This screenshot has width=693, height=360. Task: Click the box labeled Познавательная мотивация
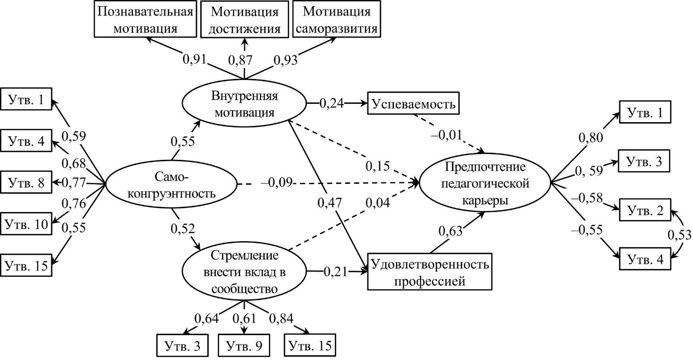[x=145, y=19]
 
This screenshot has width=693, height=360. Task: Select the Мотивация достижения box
[x=244, y=19]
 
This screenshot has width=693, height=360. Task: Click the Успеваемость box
[x=414, y=103]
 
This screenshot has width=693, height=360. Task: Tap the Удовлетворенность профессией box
[x=430, y=272]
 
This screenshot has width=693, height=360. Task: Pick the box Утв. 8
[x=25, y=182]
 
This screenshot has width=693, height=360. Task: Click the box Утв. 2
[x=644, y=211]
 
